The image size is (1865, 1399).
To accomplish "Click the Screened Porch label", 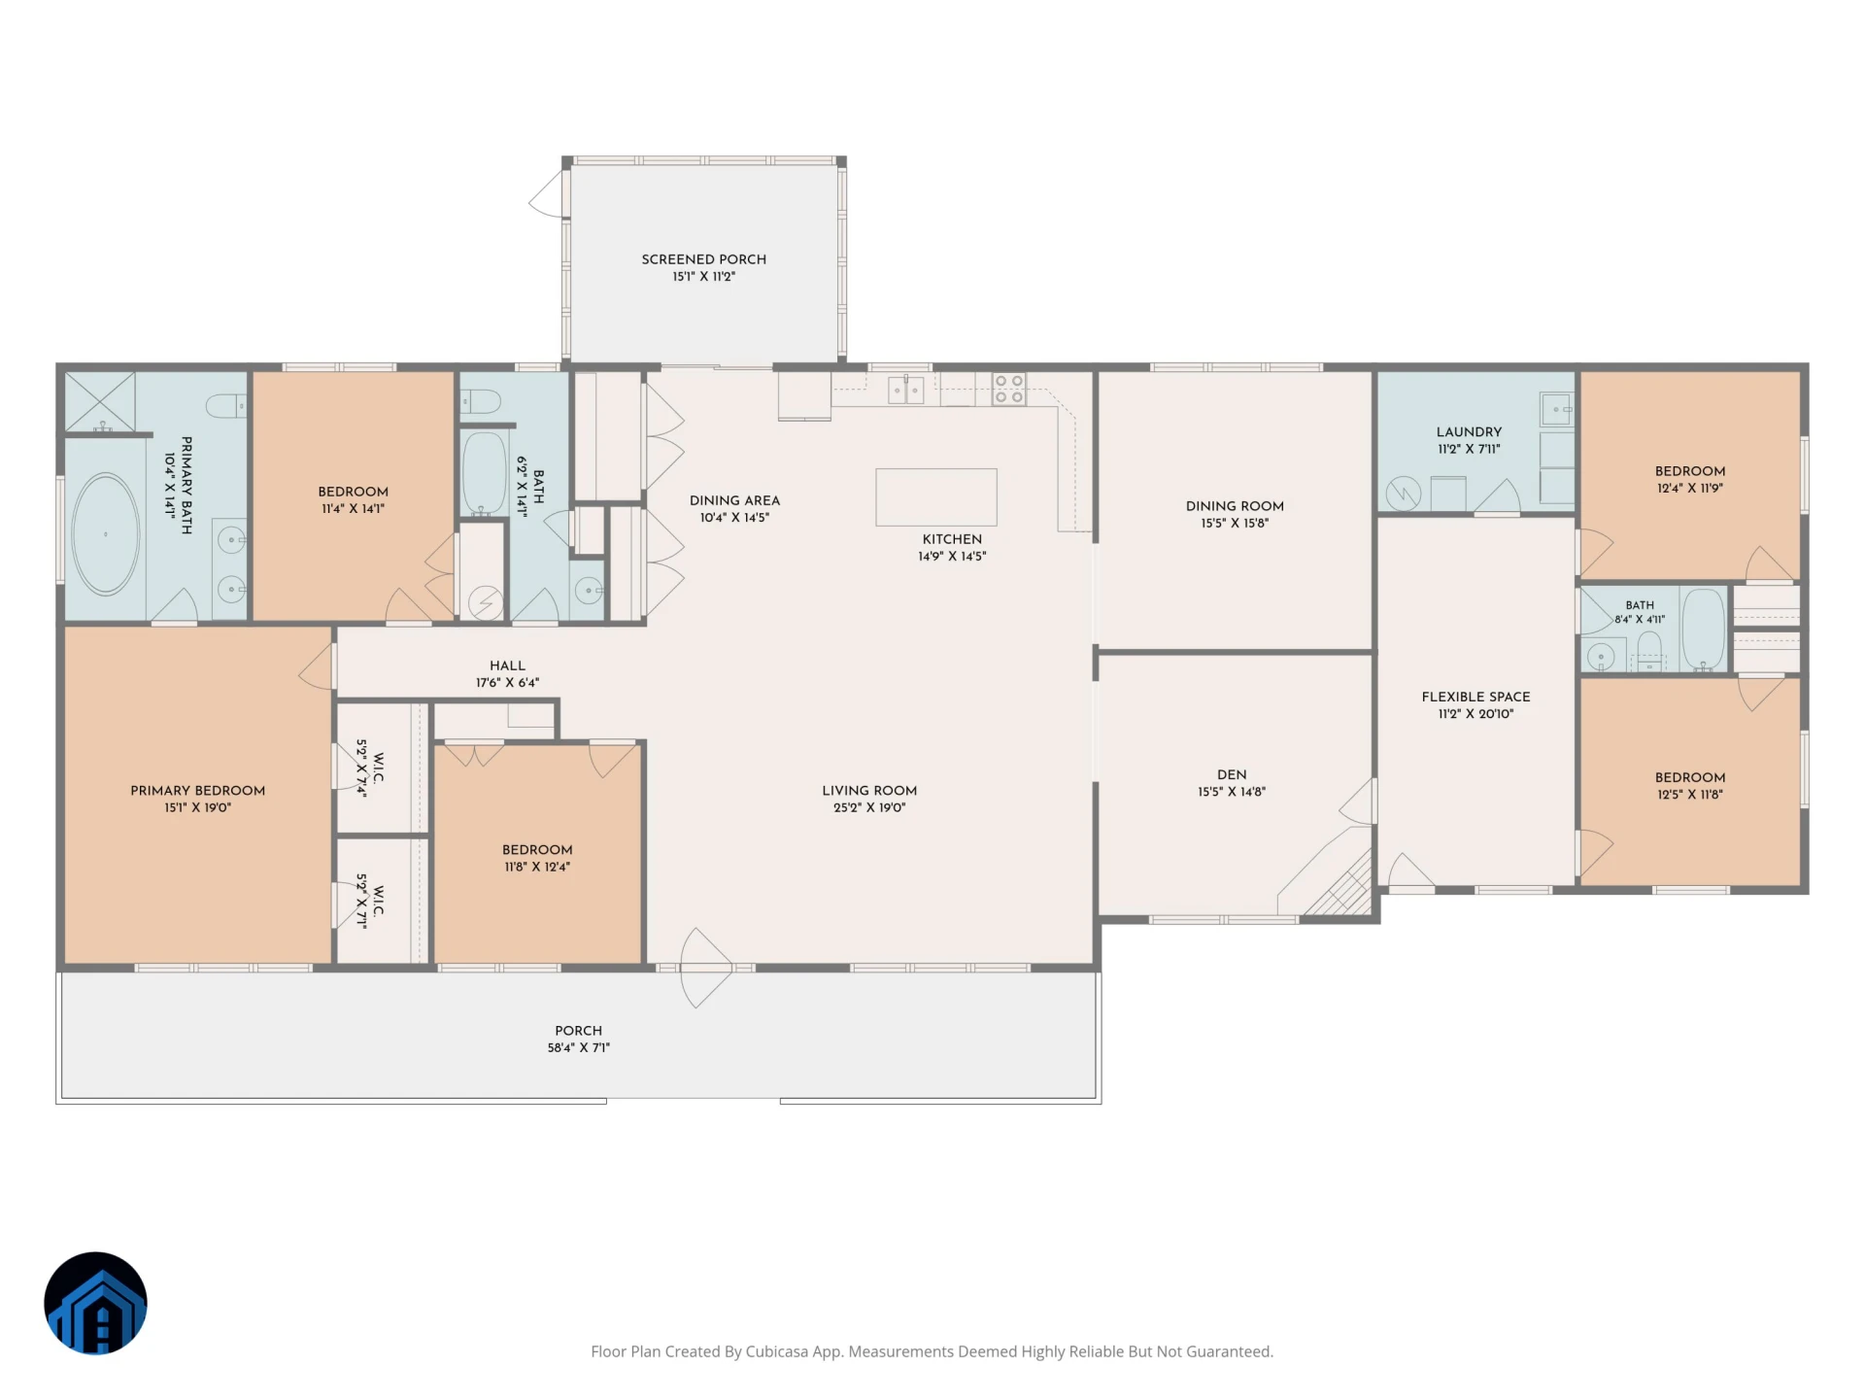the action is point(703,259).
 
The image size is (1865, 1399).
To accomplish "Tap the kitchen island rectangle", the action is point(935,497).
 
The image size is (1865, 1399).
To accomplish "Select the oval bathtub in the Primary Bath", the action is point(106,533).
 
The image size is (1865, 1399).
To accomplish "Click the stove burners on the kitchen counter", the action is point(1009,390).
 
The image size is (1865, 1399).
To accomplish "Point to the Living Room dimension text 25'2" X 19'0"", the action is point(869,807).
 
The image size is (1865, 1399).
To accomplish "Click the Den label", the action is point(1232,774).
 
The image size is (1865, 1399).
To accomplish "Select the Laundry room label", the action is point(1469,431).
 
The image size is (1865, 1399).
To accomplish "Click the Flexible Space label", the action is point(1475,697).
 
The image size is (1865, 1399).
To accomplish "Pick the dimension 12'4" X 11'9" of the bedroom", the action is point(1690,489).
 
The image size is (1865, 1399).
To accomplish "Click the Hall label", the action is point(507,665).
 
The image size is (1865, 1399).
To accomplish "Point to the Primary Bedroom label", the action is point(197,791).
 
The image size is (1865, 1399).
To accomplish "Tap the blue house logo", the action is point(95,1303).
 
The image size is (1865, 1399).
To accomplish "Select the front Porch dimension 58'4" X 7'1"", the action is point(578,1047).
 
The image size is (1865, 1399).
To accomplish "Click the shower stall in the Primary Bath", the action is point(100,402).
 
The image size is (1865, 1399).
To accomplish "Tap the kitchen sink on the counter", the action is point(905,390).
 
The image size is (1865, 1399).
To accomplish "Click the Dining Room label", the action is point(1235,506).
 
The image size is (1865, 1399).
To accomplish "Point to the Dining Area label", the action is point(734,500).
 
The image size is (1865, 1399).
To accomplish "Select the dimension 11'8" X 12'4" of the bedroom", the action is point(537,867).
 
